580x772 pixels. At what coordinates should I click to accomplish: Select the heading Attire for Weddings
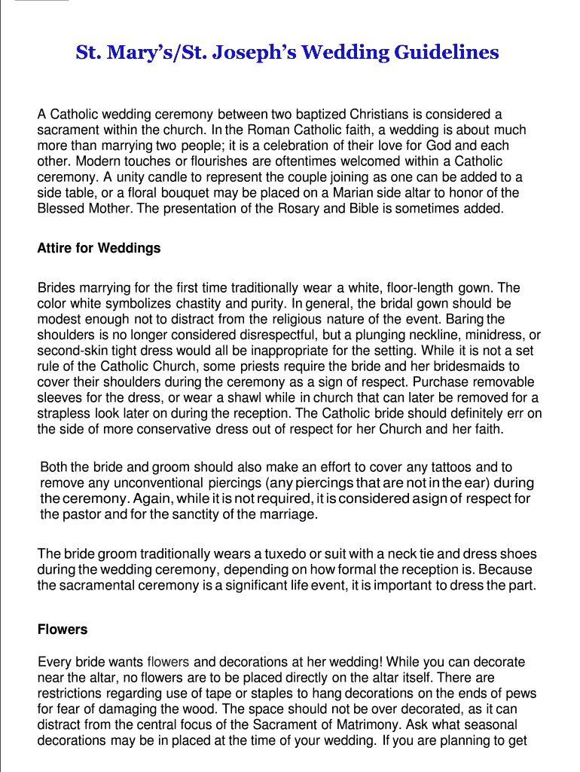point(99,248)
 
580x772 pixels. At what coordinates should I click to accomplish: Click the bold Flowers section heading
point(63,630)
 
